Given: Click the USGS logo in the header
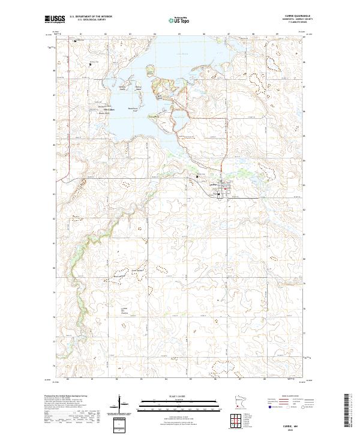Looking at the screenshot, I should (54, 19).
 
